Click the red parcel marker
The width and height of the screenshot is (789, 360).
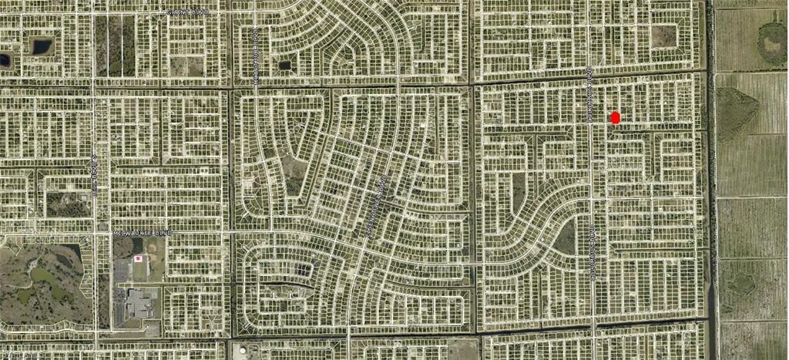(x=615, y=118)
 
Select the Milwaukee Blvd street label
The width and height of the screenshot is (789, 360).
(x=143, y=231)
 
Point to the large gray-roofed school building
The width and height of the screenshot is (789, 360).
(x=141, y=303)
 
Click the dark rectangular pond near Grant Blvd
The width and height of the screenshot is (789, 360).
(x=41, y=46)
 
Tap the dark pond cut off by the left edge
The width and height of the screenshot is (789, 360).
(x=4, y=59)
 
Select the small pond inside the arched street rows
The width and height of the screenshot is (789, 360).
(x=285, y=66)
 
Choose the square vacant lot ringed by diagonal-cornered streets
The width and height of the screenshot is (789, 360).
(x=663, y=35)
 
